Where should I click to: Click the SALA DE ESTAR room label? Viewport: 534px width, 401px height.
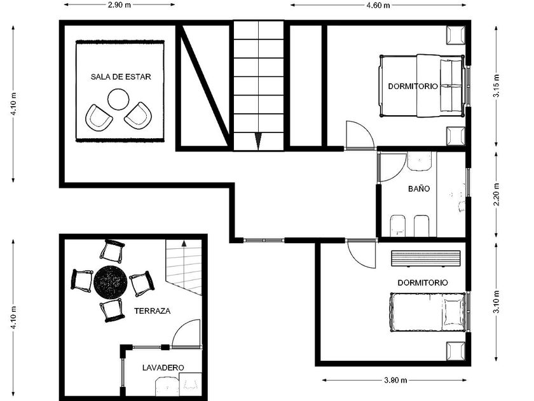[x=121, y=77]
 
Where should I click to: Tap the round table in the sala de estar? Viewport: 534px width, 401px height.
[x=118, y=99]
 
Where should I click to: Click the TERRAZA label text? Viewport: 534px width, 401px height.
[x=152, y=311]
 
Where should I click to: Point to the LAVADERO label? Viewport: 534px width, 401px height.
[x=163, y=368]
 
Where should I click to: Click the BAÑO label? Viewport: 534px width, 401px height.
[x=419, y=188]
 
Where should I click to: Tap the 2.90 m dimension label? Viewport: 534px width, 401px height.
[x=120, y=5]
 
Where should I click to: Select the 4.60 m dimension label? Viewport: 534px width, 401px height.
[x=378, y=5]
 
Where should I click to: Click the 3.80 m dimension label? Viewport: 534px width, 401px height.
[x=395, y=380]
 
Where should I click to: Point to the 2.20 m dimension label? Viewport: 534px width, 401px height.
[x=497, y=195]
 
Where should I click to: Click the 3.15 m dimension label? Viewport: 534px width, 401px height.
[x=497, y=86]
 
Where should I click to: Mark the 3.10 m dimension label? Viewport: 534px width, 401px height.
[x=497, y=302]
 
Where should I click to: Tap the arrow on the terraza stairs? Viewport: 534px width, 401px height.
[x=184, y=243]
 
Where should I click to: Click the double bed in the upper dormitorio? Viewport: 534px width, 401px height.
[x=421, y=85]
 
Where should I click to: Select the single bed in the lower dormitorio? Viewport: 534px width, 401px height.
[x=427, y=312]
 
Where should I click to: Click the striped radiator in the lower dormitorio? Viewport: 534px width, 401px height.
[x=426, y=258]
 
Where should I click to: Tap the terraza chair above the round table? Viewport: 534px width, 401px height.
[x=112, y=251]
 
